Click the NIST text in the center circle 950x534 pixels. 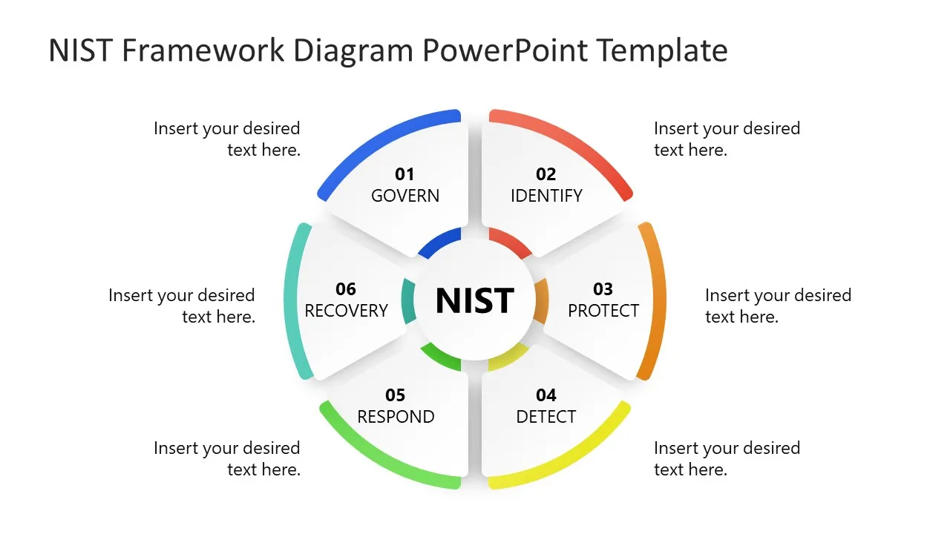(x=475, y=300)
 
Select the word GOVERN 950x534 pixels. (x=405, y=196)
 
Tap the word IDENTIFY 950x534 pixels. (x=546, y=196)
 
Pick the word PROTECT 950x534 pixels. (x=603, y=310)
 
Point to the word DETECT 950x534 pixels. (x=546, y=417)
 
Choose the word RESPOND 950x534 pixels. (x=396, y=417)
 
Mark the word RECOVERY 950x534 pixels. (x=347, y=310)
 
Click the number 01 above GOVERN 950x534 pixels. (x=404, y=174)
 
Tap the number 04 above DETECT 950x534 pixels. (x=546, y=395)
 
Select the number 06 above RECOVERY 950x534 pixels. (x=346, y=289)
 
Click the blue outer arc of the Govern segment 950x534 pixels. (x=379, y=138)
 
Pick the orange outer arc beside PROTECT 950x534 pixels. (x=657, y=300)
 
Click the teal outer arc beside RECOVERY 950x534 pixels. (x=292, y=300)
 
